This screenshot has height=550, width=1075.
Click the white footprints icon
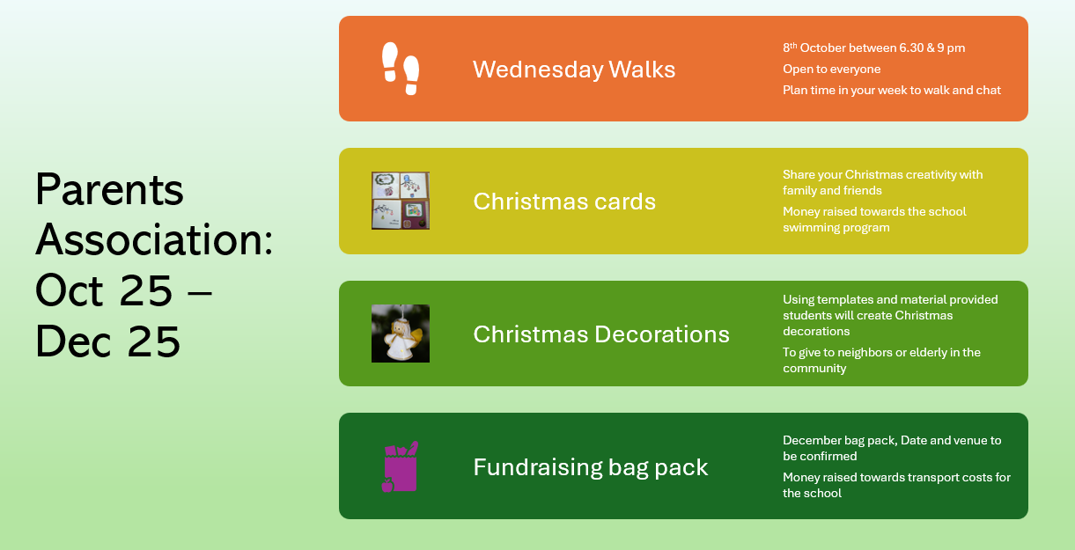pos(401,69)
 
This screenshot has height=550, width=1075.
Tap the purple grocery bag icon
pos(401,466)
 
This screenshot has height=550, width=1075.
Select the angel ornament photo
pos(401,334)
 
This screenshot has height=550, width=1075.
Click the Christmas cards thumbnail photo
pos(401,201)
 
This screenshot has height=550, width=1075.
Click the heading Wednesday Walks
pos(574,70)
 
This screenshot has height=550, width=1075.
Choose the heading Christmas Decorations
pos(601,334)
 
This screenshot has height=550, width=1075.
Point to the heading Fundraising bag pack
pos(590,467)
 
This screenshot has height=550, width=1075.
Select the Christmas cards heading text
pos(564,202)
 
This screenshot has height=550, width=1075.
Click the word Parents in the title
pos(109,189)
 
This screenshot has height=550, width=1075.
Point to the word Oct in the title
pos(69,290)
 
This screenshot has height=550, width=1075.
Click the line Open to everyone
pos(832,69)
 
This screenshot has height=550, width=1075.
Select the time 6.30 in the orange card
pos(911,48)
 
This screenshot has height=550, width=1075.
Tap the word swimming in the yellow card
pos(808,228)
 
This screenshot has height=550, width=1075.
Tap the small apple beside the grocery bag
pos(387,485)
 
